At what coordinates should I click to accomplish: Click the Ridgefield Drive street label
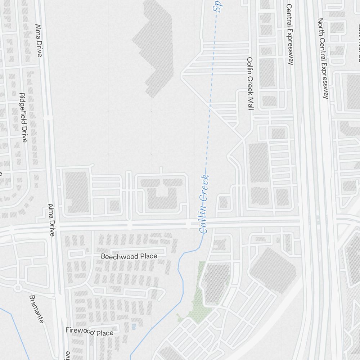point(23,117)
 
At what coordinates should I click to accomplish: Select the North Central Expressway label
point(323,58)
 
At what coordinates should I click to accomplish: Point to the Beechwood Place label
point(129,256)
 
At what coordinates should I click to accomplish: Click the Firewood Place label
point(89,332)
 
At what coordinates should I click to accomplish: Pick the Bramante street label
point(36,309)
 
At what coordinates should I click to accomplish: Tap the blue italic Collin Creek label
point(204,204)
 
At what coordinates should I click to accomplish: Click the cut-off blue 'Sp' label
point(217,6)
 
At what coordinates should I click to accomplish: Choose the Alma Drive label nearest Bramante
point(51,220)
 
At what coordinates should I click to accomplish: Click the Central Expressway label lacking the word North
point(289,34)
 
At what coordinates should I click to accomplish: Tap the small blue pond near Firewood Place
point(134,326)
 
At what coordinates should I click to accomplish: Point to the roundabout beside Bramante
point(17,288)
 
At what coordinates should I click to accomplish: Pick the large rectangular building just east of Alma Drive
point(77,192)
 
